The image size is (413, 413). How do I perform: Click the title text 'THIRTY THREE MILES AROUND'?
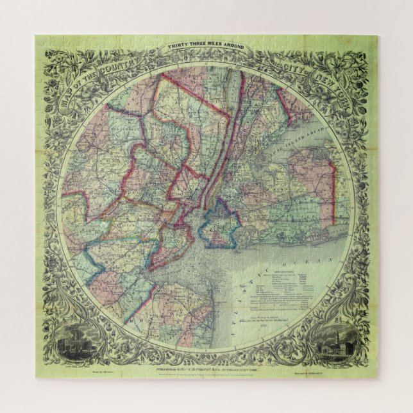206,47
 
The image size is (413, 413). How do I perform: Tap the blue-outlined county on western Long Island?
220,226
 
